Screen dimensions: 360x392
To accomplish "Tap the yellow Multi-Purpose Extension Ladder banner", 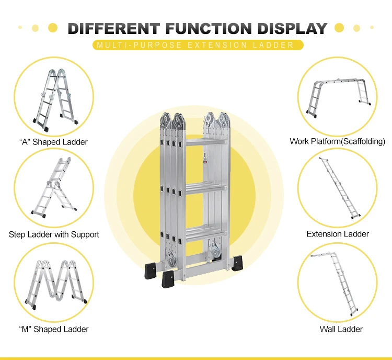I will [x=196, y=45].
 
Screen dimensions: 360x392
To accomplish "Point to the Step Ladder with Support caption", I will [x=54, y=234].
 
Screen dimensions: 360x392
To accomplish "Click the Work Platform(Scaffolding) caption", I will [x=337, y=141].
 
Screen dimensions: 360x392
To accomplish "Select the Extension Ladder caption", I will [x=338, y=234].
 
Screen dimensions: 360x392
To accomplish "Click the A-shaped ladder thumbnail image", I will [x=54, y=97].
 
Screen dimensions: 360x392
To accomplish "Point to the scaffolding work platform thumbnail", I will [x=338, y=95].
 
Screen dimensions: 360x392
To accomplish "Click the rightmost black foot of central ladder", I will [x=237, y=262].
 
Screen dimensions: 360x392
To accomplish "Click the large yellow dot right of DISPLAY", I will [x=339, y=27].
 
